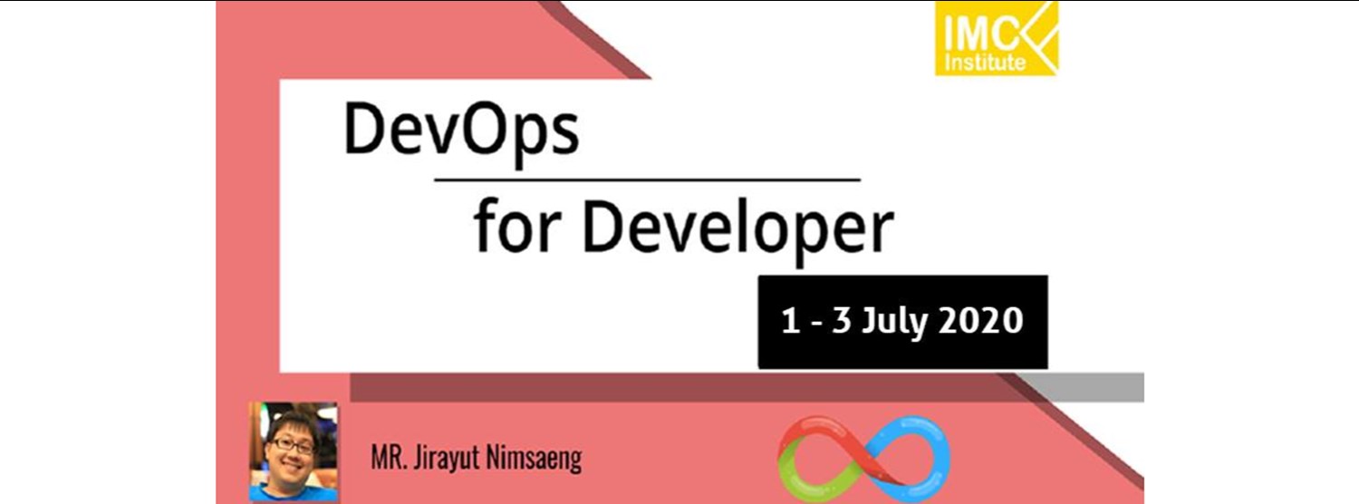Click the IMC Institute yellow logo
(997, 38)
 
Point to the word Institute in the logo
(985, 63)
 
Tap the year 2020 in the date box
(980, 322)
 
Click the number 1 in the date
(790, 322)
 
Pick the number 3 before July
(842, 322)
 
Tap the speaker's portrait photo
(294, 451)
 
